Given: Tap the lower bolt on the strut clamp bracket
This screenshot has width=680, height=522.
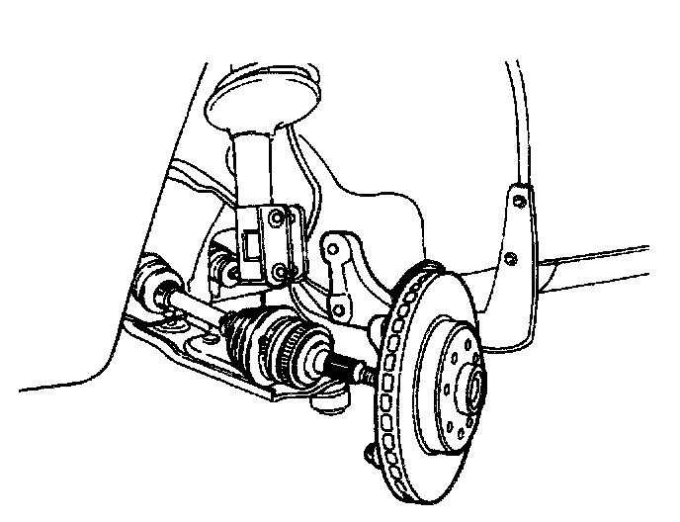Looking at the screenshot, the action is coord(283,271).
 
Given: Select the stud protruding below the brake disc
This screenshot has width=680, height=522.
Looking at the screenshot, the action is coord(370,451).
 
